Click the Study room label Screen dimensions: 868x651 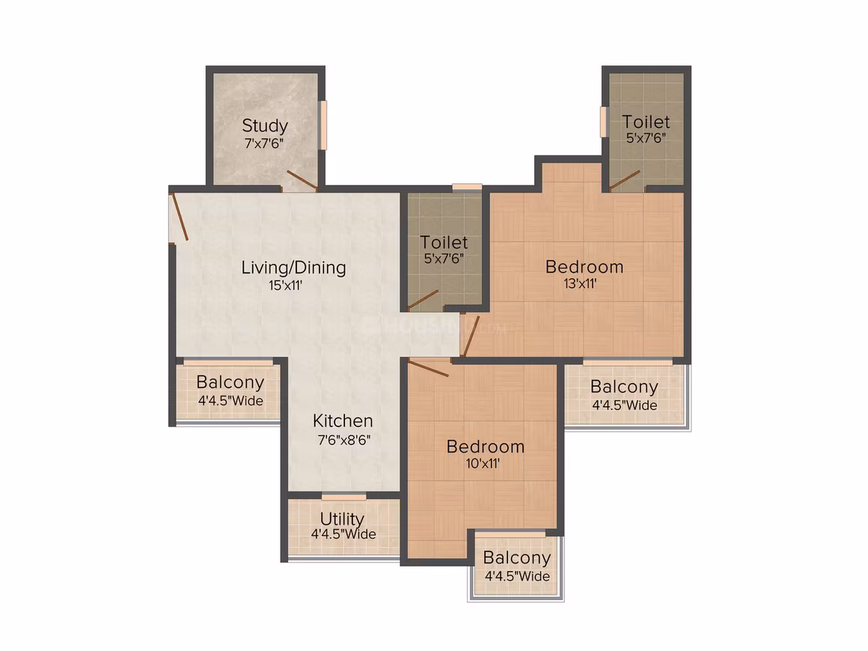pyautogui.click(x=265, y=126)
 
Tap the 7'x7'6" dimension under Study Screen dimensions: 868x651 pyautogui.click(x=264, y=144)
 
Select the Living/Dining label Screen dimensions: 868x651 pyautogui.click(x=293, y=268)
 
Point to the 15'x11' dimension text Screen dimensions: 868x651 pyautogui.click(x=285, y=286)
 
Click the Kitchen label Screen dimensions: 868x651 pyautogui.click(x=343, y=421)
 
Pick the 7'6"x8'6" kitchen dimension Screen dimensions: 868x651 pyautogui.click(x=343, y=440)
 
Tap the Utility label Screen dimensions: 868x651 pyautogui.click(x=342, y=519)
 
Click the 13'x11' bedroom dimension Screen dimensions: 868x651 pyautogui.click(x=580, y=284)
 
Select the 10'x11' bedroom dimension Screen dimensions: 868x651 pyautogui.click(x=483, y=463)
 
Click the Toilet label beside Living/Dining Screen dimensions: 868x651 pyautogui.click(x=444, y=242)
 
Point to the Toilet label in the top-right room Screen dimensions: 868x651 pyautogui.click(x=646, y=122)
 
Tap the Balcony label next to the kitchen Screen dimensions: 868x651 pyautogui.click(x=230, y=382)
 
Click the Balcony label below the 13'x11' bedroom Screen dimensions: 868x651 pyautogui.click(x=624, y=387)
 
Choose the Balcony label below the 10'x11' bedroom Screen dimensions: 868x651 pyautogui.click(x=516, y=558)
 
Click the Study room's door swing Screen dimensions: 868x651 pyautogui.click(x=302, y=180)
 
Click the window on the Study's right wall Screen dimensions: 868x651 pyautogui.click(x=324, y=125)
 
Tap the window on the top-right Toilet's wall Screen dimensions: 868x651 pyautogui.click(x=603, y=122)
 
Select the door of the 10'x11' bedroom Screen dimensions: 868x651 pyautogui.click(x=428, y=368)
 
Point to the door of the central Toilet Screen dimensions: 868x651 pyautogui.click(x=424, y=299)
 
